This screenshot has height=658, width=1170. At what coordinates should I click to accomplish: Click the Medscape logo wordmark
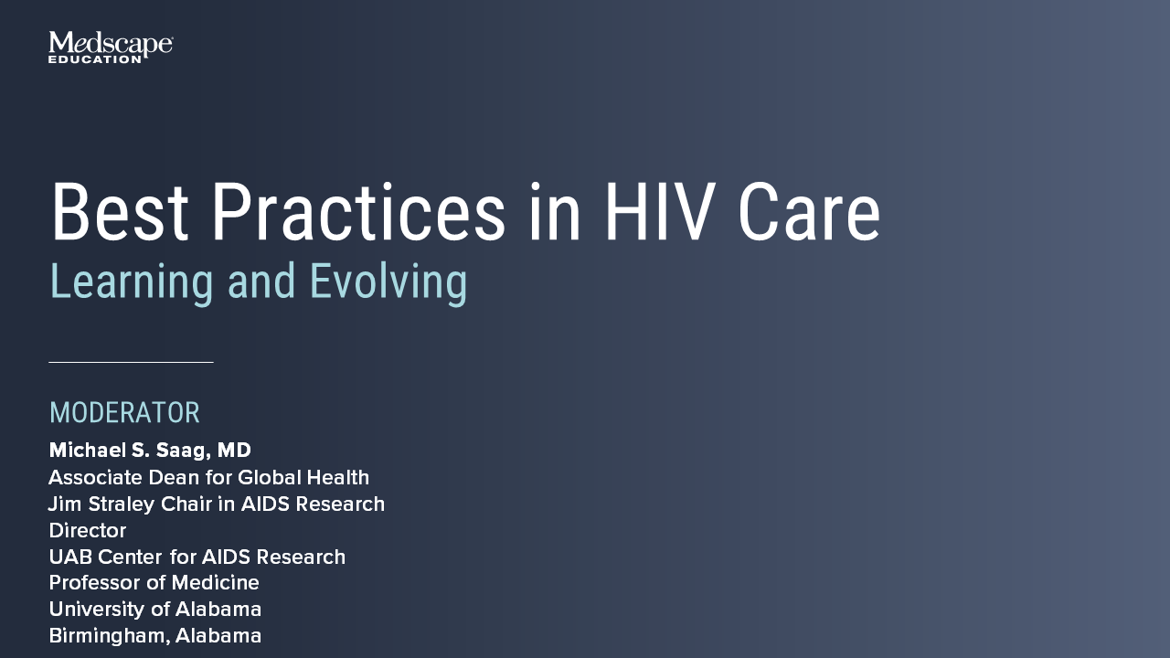111,43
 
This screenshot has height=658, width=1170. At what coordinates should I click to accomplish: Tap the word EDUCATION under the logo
94,59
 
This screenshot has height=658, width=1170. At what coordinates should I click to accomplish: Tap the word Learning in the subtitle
132,282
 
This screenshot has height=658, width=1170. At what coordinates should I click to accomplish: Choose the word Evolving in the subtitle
388,282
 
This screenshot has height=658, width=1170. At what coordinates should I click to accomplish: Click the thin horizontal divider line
131,361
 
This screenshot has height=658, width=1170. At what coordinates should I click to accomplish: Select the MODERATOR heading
124,412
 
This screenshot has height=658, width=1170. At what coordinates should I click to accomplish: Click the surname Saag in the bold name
184,451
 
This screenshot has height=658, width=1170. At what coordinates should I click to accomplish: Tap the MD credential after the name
234,451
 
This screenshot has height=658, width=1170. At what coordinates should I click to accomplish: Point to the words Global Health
303,477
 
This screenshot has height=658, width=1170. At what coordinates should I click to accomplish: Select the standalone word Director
87,531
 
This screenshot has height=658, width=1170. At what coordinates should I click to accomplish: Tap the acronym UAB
71,557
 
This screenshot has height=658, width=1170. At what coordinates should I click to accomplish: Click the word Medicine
215,582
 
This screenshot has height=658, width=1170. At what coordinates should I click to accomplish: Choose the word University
97,610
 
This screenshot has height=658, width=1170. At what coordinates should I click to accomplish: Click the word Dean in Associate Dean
174,477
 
